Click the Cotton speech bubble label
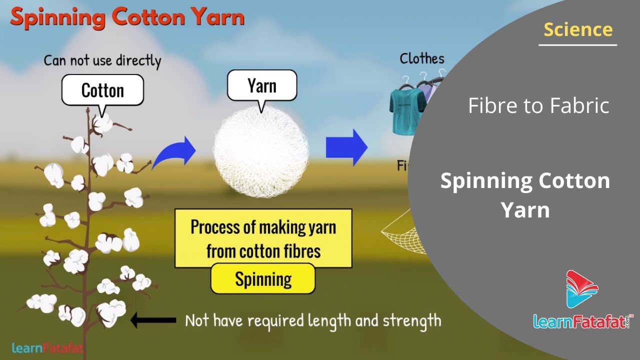[x=102, y=90]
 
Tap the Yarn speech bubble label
[x=261, y=85]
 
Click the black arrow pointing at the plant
[x=153, y=320]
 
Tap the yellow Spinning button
[x=263, y=278]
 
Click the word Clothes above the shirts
[x=421, y=59]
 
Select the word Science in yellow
[x=578, y=29]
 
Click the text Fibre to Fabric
[x=538, y=105]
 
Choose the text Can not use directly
[x=102, y=60]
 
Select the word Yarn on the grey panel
[x=525, y=210]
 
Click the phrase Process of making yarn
[x=263, y=227]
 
